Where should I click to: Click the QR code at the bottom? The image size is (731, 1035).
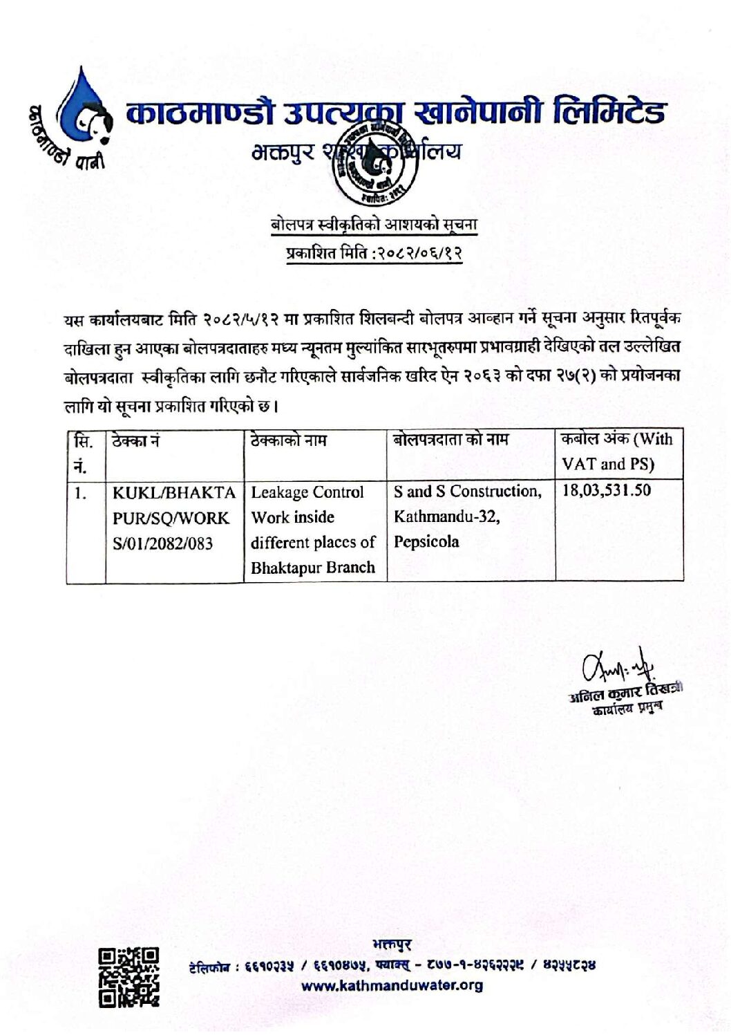[129, 976]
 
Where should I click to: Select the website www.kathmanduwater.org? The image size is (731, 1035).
[392, 985]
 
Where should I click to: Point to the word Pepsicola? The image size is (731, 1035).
[426, 542]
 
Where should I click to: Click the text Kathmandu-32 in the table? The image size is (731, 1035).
[446, 516]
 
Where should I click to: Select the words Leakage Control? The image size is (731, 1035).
[307, 492]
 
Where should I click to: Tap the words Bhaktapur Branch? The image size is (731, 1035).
[312, 568]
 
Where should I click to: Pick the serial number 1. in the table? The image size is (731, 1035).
[82, 493]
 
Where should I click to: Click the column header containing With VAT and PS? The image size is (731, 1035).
[617, 451]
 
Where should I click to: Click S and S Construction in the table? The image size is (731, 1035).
[467, 492]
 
